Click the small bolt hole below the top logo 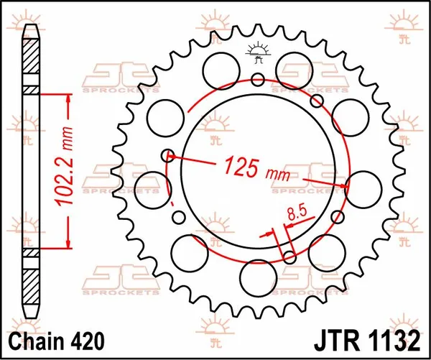tap(259, 80)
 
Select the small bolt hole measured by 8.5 tap(289, 256)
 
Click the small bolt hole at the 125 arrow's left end tap(170, 153)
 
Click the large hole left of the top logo tap(217, 70)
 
